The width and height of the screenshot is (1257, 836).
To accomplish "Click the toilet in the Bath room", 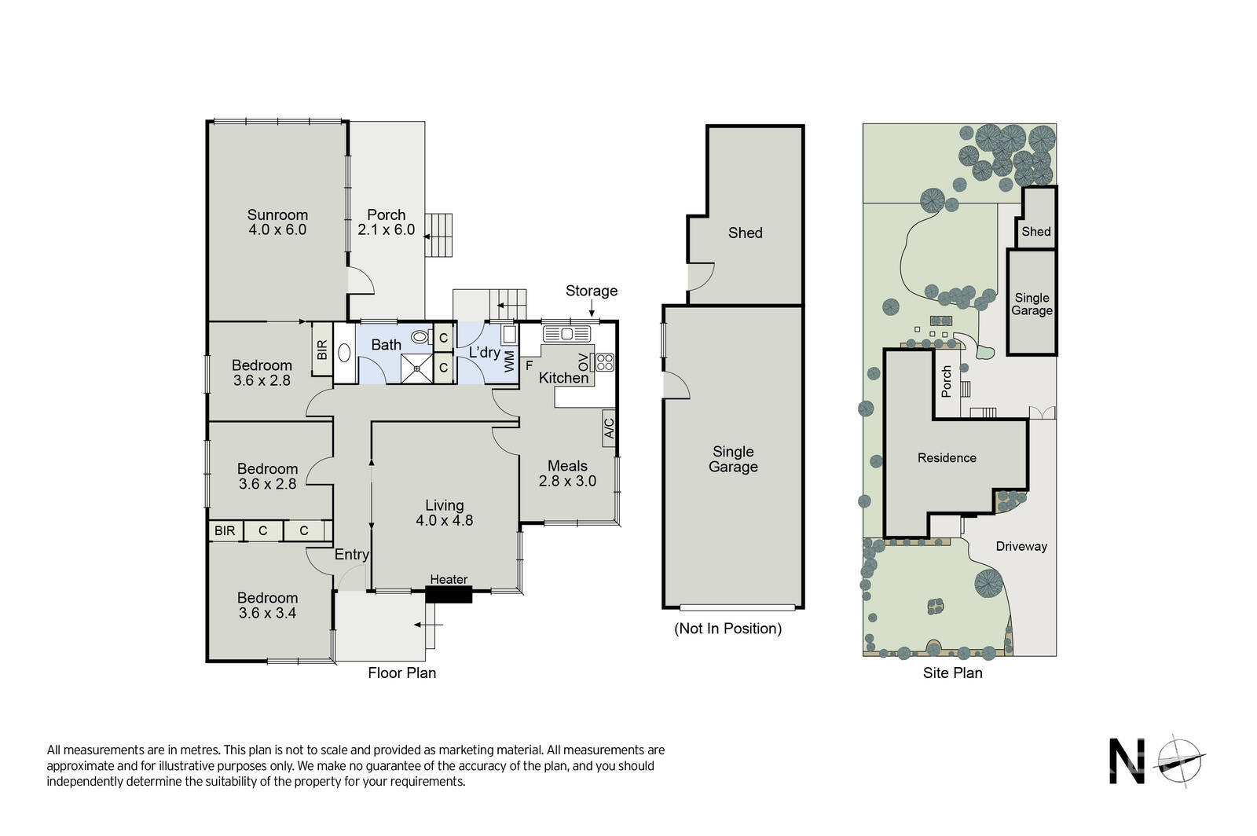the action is click(422, 336).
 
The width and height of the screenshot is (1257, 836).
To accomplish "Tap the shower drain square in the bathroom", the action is click(417, 368).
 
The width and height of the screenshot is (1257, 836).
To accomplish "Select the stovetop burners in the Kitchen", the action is click(605, 362).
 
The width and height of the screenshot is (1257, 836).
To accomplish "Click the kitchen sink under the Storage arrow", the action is click(566, 335).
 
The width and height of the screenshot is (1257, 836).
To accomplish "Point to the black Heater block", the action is click(449, 594).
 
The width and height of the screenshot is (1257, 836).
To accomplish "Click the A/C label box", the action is click(609, 428).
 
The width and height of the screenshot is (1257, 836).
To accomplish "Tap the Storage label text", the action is click(592, 291).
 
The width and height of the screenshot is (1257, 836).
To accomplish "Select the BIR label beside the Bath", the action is click(322, 350).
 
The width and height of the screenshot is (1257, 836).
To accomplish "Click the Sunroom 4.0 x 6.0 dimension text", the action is click(277, 229).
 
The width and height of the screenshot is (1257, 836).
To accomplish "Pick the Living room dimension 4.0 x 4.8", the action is click(445, 520).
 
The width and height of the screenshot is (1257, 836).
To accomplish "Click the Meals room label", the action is click(567, 466).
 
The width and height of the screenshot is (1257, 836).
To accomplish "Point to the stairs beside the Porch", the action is click(438, 234).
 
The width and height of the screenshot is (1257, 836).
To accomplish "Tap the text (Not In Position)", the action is click(727, 629).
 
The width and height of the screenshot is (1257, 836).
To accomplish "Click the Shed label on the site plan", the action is click(1036, 231).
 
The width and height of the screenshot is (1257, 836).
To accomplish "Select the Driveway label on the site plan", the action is click(1021, 547).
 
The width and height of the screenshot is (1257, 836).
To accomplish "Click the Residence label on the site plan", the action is click(947, 458).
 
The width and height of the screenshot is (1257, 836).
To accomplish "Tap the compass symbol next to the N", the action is click(1179, 761).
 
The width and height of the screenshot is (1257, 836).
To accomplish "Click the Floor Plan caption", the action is click(401, 673).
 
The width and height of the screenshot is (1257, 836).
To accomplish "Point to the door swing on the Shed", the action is click(701, 277).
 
